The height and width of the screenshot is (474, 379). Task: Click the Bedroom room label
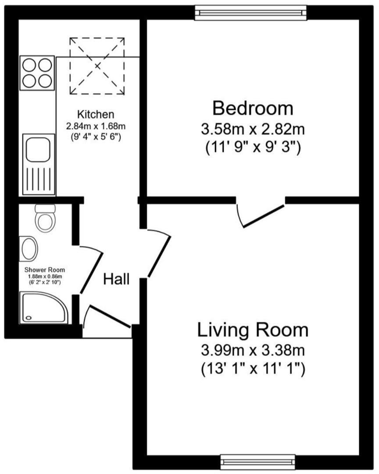[253, 108]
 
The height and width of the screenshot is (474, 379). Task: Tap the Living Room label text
[253, 330]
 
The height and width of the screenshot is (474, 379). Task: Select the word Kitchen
[96, 115]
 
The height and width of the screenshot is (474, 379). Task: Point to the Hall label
[116, 279]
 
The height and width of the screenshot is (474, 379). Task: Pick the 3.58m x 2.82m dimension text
[253, 130]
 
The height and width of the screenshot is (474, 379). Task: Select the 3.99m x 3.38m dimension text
[253, 351]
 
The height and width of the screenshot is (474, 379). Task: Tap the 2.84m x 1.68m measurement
[96, 126]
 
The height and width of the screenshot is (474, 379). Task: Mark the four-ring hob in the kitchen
[37, 73]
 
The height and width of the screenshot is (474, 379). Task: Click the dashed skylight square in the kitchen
[97, 66]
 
